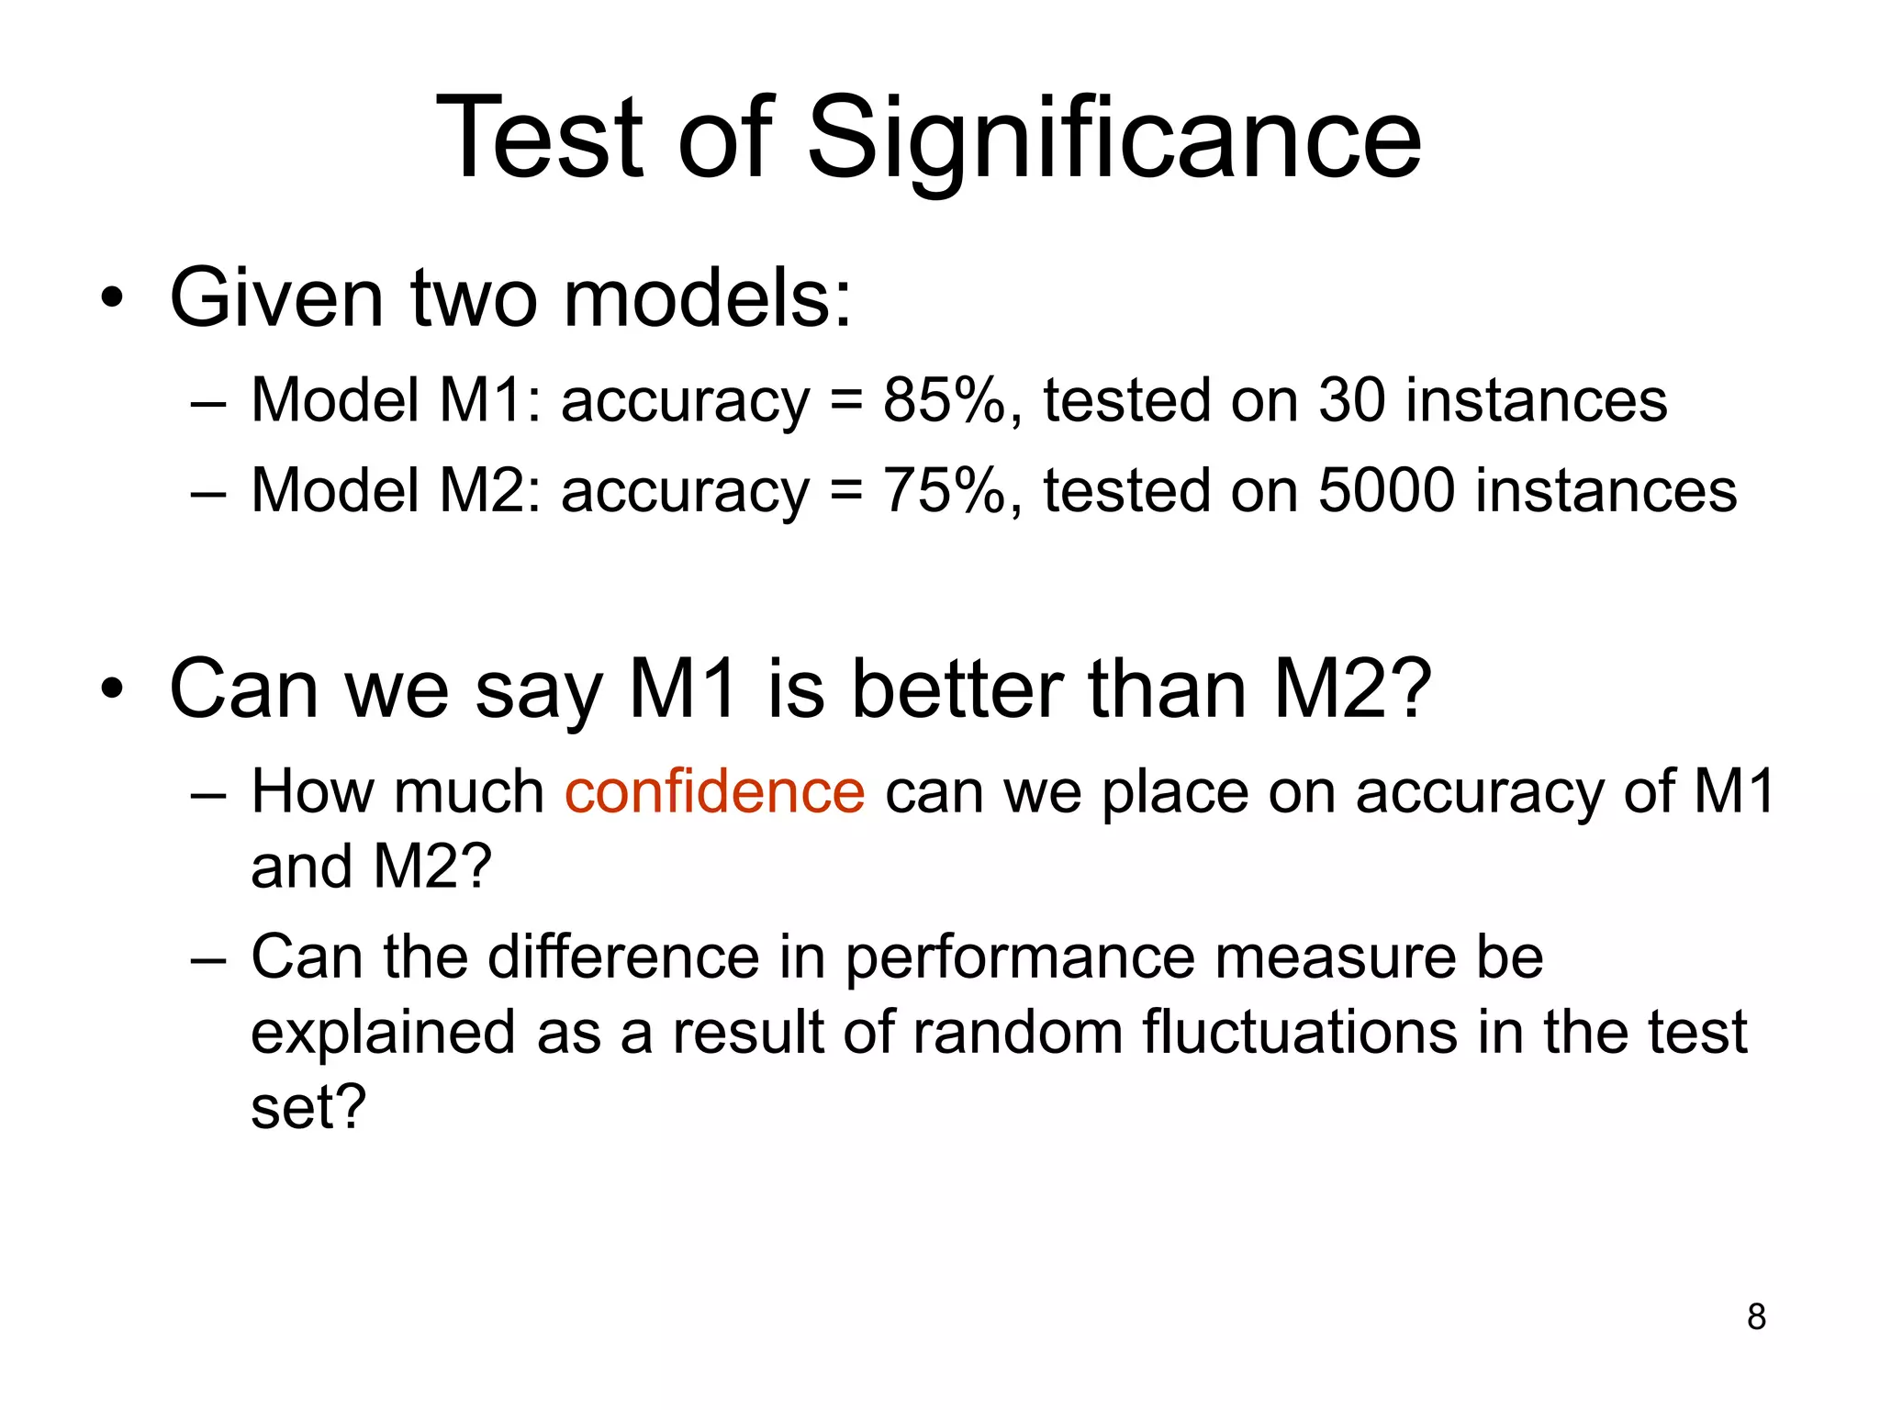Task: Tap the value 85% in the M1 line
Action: (x=944, y=400)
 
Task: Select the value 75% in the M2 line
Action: (x=944, y=489)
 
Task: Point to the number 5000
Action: (x=1386, y=489)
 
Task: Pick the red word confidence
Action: (x=714, y=790)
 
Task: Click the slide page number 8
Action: (x=1756, y=1316)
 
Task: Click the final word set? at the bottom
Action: (x=308, y=1106)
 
